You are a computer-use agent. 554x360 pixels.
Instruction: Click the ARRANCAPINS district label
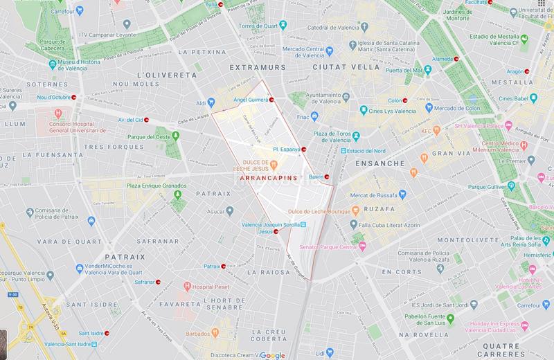click(267, 178)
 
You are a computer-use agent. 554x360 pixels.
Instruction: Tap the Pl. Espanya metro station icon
click(305, 149)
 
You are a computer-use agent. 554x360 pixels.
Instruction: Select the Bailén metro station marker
click(328, 176)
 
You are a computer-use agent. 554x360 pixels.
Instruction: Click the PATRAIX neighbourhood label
click(125, 256)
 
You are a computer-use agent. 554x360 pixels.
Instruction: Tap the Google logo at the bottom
click(273, 354)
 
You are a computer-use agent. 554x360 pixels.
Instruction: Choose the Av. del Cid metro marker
click(148, 120)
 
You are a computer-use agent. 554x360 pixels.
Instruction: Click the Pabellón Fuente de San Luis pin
click(450, 318)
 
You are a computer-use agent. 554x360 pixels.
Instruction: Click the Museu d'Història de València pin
click(53, 64)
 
